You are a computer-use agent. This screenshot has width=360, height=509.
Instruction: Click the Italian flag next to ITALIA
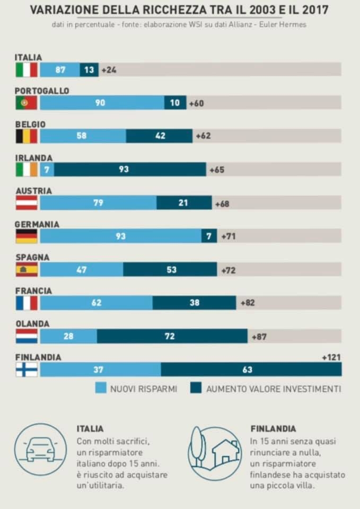tap(26, 69)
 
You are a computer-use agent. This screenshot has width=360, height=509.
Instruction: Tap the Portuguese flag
tap(26, 103)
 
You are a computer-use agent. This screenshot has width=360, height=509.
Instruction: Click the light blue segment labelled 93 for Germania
tap(120, 236)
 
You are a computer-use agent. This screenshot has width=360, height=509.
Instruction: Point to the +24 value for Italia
tap(108, 69)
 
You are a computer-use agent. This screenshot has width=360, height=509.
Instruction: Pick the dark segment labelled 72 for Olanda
tap(172, 336)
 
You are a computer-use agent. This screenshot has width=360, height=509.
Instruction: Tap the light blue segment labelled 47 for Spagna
tap(82, 270)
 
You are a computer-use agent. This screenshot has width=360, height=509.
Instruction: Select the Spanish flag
tap(26, 270)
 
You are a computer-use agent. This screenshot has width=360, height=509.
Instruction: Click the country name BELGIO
tap(30, 125)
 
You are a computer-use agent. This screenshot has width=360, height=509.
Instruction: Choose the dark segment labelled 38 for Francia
tap(194, 303)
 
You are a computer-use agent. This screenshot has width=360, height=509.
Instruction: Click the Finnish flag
tap(26, 370)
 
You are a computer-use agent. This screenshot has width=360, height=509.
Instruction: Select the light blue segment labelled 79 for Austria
tap(98, 203)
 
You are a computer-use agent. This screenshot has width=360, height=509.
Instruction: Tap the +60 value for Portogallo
tap(196, 103)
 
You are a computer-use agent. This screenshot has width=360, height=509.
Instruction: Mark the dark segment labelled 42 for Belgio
tap(159, 136)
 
